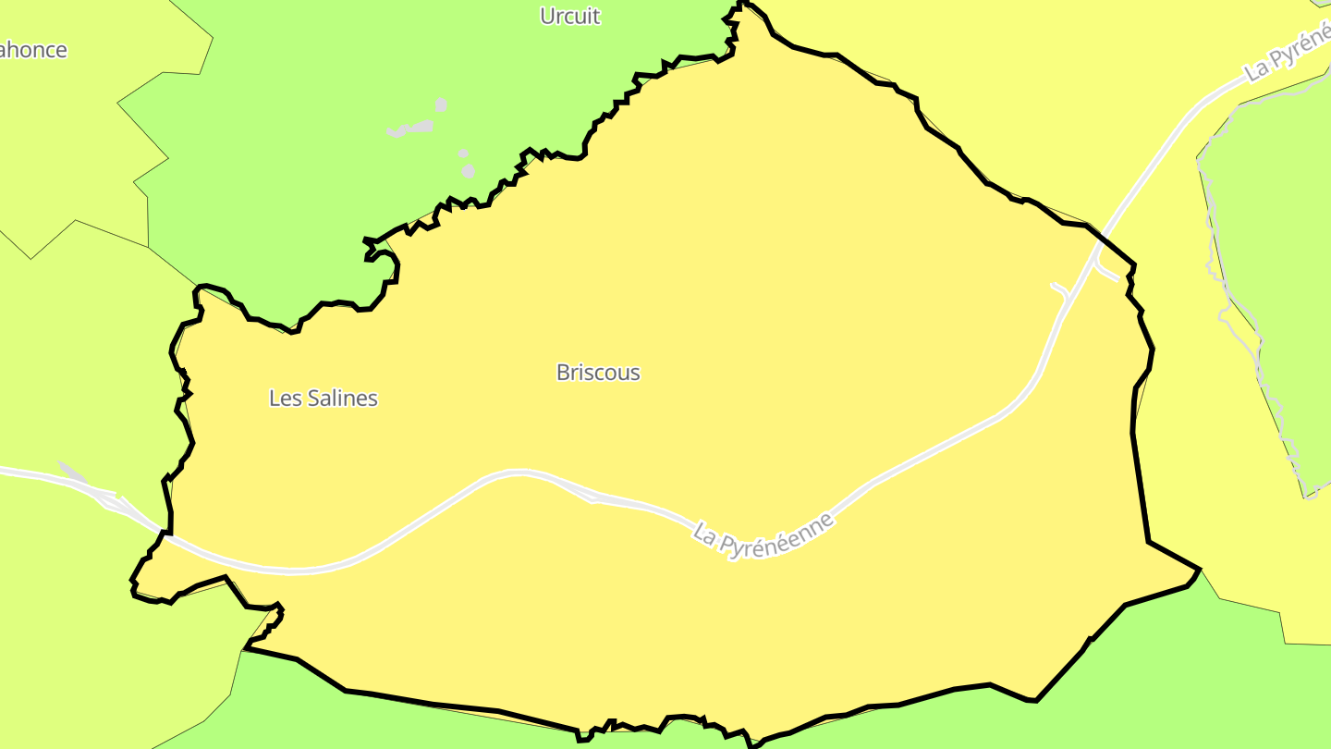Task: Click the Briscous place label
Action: (x=598, y=373)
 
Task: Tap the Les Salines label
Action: (x=324, y=399)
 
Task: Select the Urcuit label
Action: (x=569, y=16)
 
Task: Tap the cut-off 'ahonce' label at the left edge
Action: (x=33, y=50)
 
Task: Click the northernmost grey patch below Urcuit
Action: (x=442, y=104)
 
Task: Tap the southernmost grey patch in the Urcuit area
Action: (x=469, y=170)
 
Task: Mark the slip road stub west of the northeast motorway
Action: (x=1062, y=291)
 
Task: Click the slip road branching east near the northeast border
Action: (x=1107, y=270)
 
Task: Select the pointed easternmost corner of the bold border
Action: (x=1199, y=569)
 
